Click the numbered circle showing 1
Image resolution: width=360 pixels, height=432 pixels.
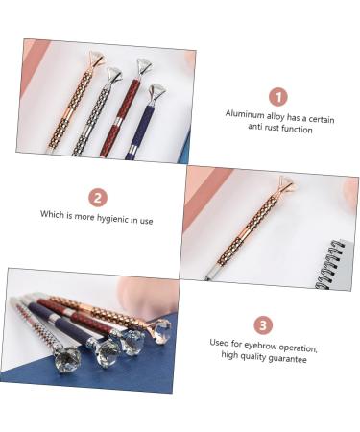pos(277,96)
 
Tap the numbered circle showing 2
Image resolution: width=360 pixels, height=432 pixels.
pos(98,198)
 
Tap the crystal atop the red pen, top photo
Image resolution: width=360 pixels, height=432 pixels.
pos(144,66)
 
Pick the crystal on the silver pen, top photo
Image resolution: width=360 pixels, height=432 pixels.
pos(114,73)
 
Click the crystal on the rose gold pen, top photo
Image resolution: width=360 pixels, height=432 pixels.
pos(96,60)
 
